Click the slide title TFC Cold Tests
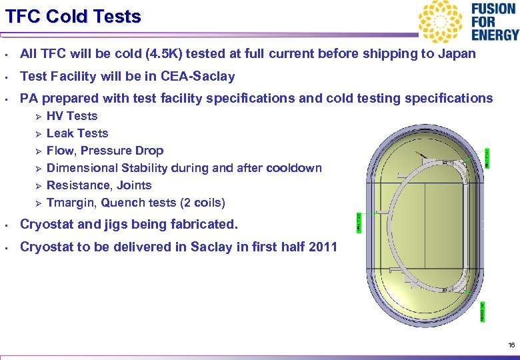point(73,16)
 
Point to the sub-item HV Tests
point(72,116)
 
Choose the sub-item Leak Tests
point(77,133)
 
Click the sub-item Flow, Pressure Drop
point(105,151)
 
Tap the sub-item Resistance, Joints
point(99,185)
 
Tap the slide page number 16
point(511,345)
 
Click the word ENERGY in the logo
point(494,35)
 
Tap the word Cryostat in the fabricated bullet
point(47,225)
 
